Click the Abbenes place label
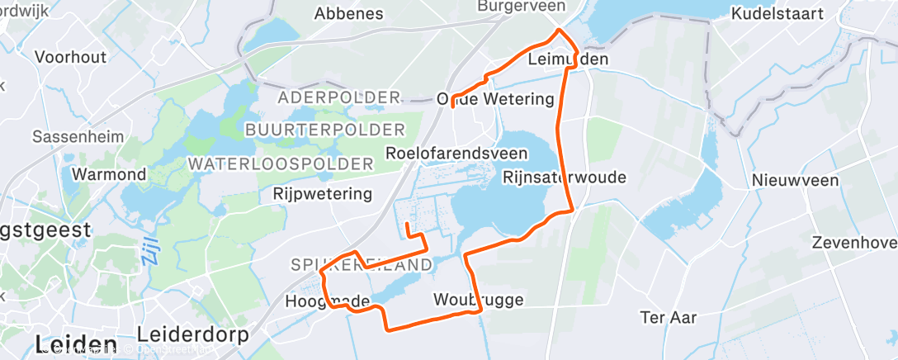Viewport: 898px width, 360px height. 349,13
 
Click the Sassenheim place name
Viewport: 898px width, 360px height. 78,136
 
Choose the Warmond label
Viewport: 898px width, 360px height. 110,174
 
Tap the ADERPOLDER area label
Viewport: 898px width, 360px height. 339,97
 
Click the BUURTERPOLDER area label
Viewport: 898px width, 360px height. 325,130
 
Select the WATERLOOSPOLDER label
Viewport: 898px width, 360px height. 281,163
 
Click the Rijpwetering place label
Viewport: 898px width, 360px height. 322,195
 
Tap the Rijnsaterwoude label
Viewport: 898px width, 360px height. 565,178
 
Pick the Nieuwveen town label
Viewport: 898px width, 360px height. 795,181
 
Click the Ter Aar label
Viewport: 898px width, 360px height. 669,316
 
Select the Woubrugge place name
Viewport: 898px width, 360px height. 478,300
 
